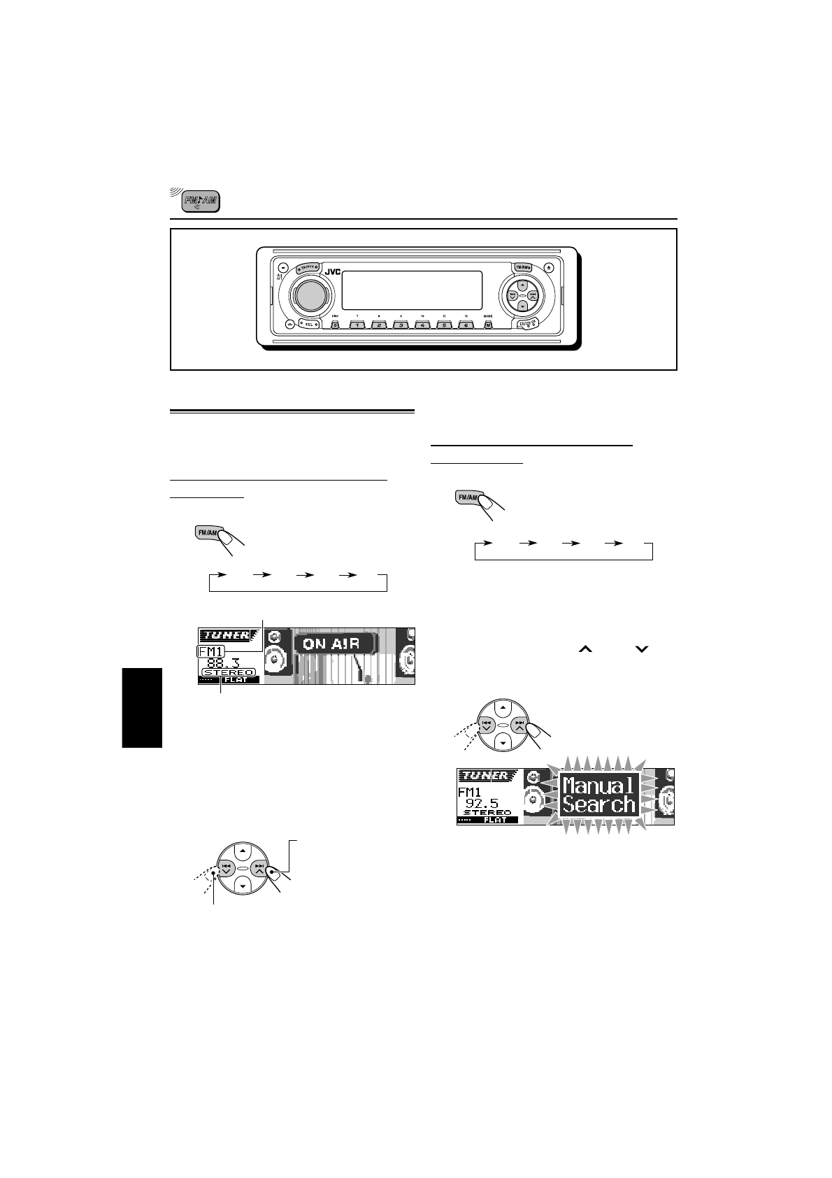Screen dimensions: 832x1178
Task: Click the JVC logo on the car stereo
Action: tap(332, 272)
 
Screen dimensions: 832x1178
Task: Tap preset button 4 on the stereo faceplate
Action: tap(422, 325)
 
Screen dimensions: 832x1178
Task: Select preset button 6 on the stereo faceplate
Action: tap(466, 325)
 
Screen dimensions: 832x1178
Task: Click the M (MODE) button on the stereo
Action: tap(488, 325)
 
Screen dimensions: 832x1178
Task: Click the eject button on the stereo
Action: tap(550, 267)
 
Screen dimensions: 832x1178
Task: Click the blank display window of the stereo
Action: tap(412, 290)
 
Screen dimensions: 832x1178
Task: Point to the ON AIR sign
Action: tap(333, 644)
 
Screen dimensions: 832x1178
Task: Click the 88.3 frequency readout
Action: tap(223, 662)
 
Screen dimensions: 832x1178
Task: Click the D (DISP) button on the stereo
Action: tap(334, 325)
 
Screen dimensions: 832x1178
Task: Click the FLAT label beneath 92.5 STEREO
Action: tap(495, 820)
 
